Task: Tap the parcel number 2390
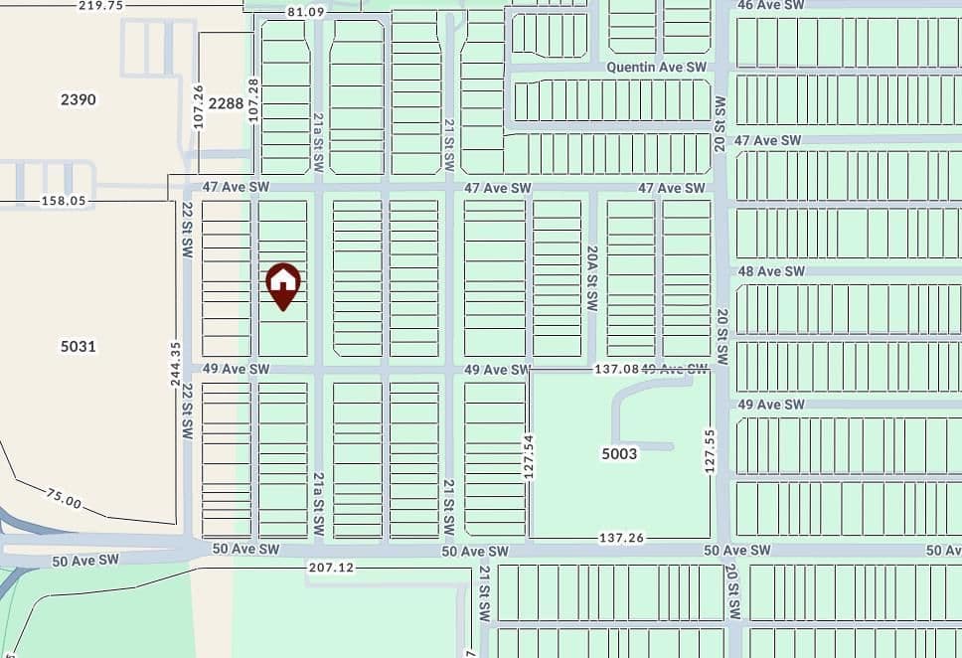[78, 99]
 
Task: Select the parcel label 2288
[227, 102]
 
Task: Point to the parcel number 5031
[78, 346]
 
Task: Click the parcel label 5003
[619, 453]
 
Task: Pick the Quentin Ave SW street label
[657, 67]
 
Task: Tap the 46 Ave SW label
[770, 6]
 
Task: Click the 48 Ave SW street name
[770, 271]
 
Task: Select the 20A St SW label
[591, 279]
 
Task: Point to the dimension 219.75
[100, 6]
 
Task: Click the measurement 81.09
[305, 12]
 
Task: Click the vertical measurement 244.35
[176, 364]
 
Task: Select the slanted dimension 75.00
[64, 498]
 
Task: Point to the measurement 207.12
[332, 568]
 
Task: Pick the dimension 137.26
[621, 538]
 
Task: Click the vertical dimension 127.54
[529, 456]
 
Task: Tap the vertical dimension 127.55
[710, 451]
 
